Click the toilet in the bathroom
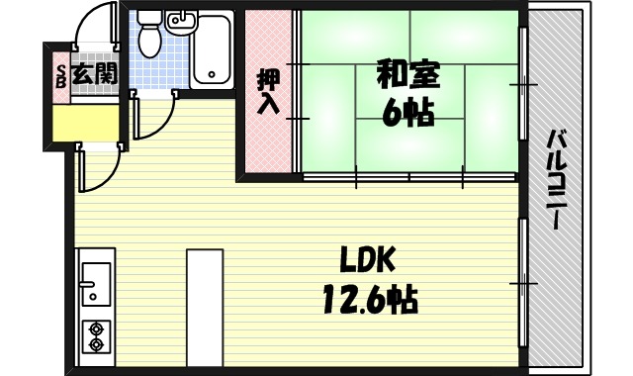pos(149,35)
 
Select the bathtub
pos(211,49)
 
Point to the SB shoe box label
pos(58,73)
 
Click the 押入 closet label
pos(267,92)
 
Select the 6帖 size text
pos(407,111)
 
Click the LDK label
pos(367,260)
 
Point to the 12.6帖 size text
pos(367,296)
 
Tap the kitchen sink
pos(96,282)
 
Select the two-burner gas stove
pos(97,336)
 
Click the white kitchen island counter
pos(204,307)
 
